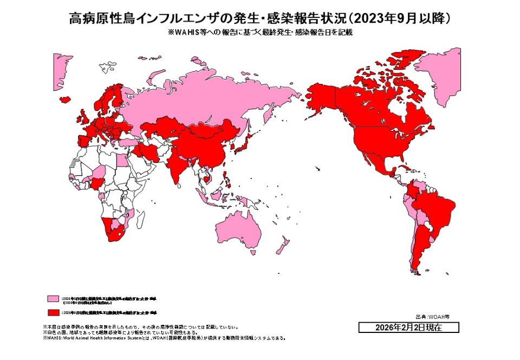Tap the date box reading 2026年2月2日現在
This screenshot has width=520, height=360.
(408, 328)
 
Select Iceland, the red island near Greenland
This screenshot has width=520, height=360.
(65, 100)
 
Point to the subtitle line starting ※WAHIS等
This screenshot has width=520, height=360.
(261, 32)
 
